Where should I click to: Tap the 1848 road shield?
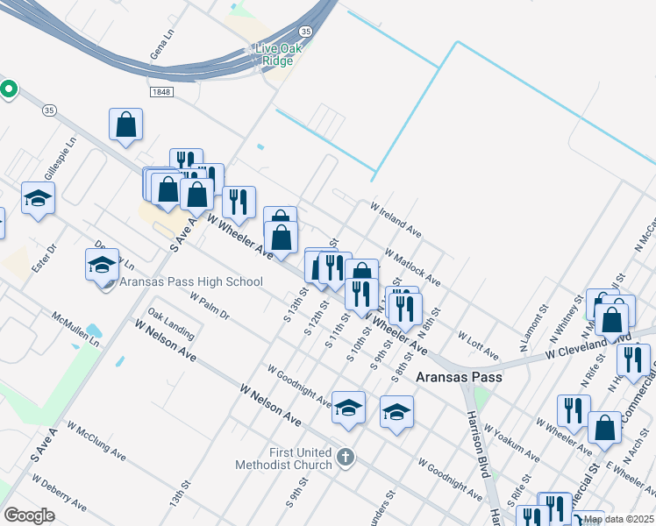pos(160,91)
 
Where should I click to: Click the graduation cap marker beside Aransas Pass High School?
pos(102,264)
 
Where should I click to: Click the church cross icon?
pos(346,457)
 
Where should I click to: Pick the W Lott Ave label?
pos(478,345)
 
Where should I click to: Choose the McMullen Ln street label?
pos(75,328)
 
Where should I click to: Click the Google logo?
pos(29,515)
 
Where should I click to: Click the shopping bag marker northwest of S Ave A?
pos(126,124)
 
